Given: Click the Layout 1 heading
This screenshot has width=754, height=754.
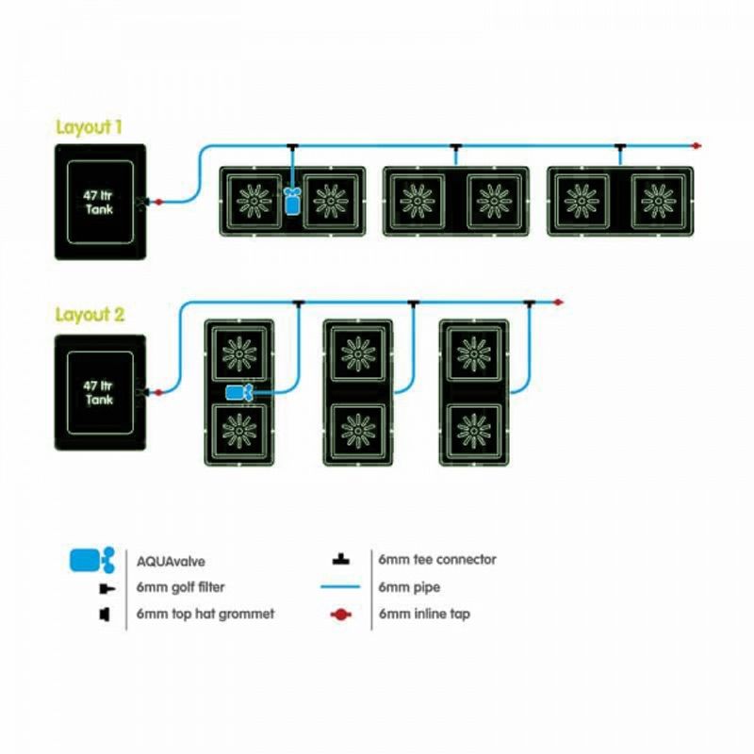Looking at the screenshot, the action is click(x=89, y=127).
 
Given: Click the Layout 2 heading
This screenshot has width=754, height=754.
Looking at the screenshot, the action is click(x=90, y=315).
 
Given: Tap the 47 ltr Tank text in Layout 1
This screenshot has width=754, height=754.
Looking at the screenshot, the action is click(x=98, y=203).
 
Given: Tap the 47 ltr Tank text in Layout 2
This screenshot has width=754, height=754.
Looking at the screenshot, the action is click(x=98, y=392).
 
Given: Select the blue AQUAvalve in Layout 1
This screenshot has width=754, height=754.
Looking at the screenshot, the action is click(x=292, y=201).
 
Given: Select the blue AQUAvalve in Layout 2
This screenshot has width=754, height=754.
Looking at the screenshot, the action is click(x=239, y=393).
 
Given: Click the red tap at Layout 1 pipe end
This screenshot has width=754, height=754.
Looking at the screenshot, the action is click(x=696, y=146).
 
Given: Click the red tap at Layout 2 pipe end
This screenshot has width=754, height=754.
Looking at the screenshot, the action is click(x=558, y=303).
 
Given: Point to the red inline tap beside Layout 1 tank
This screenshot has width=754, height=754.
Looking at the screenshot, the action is click(x=158, y=203).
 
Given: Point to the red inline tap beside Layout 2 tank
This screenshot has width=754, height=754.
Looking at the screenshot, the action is click(x=158, y=393).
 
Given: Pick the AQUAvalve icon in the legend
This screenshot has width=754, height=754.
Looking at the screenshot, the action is click(x=92, y=560).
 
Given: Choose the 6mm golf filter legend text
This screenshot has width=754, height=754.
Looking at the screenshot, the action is click(x=180, y=587).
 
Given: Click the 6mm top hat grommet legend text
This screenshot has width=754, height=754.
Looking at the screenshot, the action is click(x=205, y=614).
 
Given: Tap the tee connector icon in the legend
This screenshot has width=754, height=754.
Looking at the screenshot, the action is click(x=341, y=559).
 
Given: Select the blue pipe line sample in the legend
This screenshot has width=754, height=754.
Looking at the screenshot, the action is click(x=340, y=586).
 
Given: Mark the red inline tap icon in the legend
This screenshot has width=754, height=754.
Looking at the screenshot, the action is click(x=341, y=615).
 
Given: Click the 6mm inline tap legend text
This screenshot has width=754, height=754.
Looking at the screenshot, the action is click(x=424, y=614).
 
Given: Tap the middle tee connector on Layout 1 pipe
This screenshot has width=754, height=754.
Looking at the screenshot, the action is click(x=456, y=147).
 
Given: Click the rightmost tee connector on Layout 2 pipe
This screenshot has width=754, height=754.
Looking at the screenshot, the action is click(x=529, y=303).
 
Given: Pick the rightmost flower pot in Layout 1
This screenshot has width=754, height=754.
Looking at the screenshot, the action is click(x=658, y=201).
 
